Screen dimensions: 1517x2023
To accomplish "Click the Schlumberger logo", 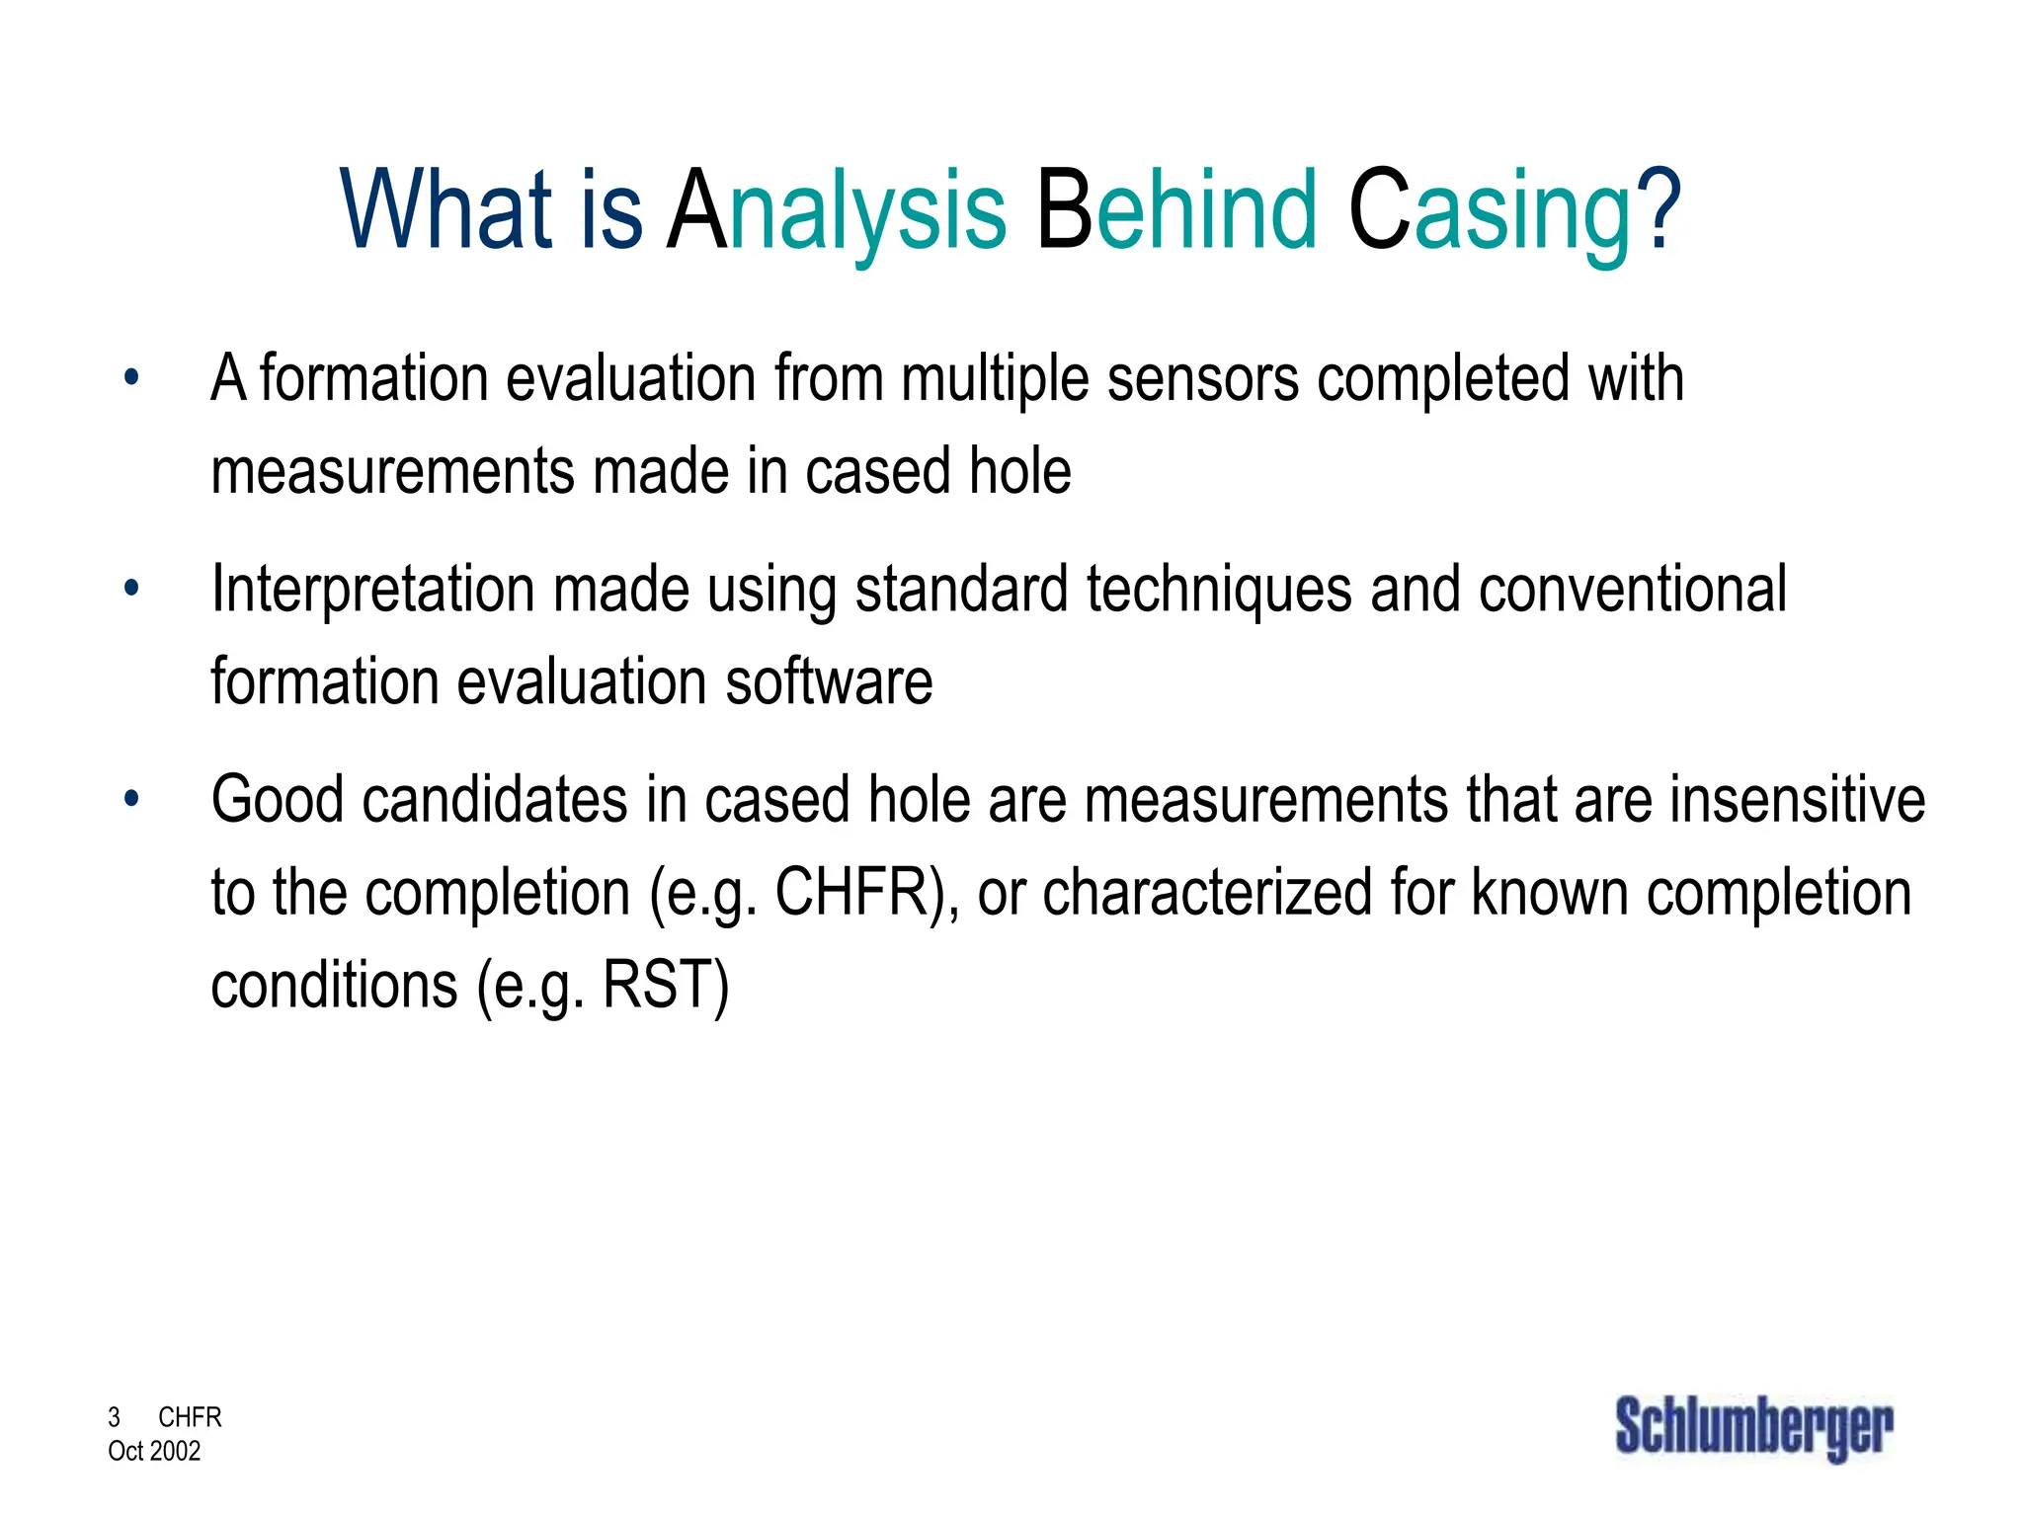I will click(x=1753, y=1428).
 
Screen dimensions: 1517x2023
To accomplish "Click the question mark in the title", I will click(x=1659, y=210).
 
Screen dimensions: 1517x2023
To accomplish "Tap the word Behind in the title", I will click(x=1175, y=210).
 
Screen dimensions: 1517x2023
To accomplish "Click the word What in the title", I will click(x=445, y=210).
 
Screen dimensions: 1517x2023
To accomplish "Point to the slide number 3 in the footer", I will click(x=114, y=1417).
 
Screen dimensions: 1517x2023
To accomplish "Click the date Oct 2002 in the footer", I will click(x=154, y=1451).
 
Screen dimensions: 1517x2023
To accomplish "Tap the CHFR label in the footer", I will click(x=190, y=1417).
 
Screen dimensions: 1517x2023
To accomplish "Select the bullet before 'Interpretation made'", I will click(x=131, y=589).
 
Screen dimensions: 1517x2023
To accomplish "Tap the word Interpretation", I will click(x=372, y=591).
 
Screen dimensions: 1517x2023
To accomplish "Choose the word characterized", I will click(x=1207, y=893).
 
